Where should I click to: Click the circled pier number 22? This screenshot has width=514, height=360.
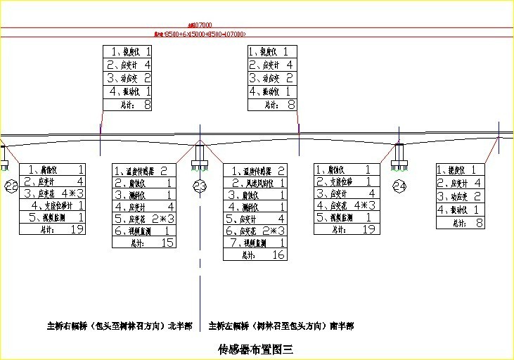coord(11,186)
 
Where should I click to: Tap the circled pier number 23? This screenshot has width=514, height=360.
coord(200,186)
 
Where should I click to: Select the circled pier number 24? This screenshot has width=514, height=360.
coord(399,186)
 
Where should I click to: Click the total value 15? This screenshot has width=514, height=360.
coord(167,243)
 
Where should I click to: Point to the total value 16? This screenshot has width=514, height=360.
coord(278,255)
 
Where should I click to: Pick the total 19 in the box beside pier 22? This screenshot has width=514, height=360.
coord(77,229)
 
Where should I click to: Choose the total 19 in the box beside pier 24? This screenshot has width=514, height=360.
coord(368,229)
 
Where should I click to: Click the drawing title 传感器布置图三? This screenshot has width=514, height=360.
coord(257,348)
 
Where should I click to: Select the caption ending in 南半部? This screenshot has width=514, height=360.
coord(281,326)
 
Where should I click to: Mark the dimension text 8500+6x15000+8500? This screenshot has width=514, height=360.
coord(200,34)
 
